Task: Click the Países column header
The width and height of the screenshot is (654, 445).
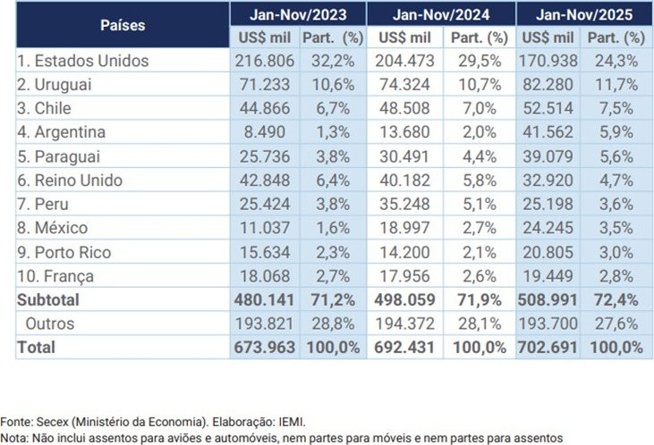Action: (121, 25)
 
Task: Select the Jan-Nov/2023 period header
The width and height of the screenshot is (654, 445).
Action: (296, 14)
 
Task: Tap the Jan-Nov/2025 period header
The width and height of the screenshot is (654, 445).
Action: (581, 14)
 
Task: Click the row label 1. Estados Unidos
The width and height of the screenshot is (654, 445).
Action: (83, 62)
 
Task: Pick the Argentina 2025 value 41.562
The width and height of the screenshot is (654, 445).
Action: (545, 132)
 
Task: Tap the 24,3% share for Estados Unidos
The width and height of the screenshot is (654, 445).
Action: (617, 62)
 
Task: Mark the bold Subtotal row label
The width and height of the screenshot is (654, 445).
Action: (48, 299)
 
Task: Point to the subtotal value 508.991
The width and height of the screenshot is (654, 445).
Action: (545, 299)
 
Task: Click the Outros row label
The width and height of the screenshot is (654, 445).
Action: (50, 323)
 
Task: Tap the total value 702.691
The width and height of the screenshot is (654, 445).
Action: (545, 348)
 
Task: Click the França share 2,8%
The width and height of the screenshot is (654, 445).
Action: (617, 275)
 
